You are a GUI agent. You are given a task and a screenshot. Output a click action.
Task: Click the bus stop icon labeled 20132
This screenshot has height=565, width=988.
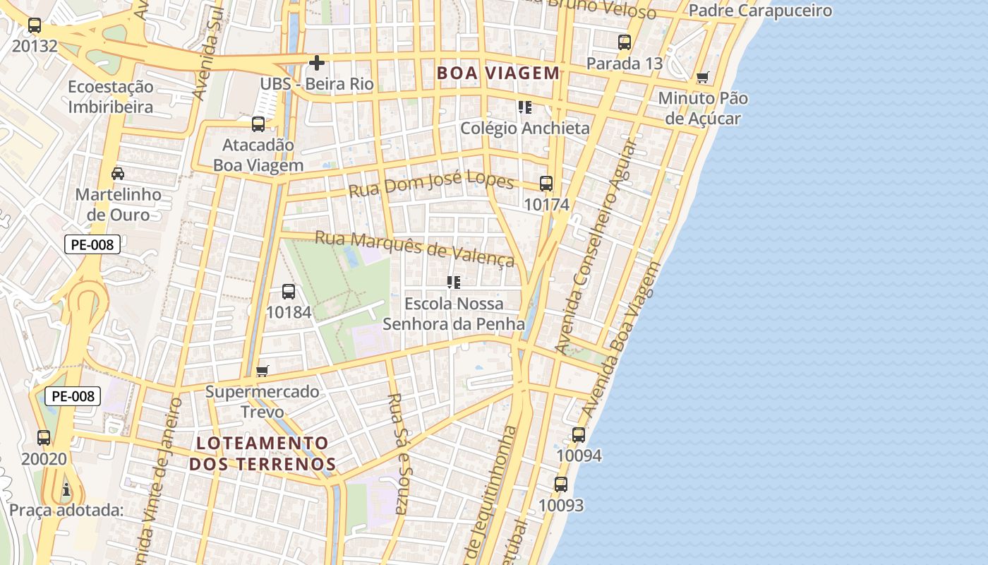[x=34, y=25]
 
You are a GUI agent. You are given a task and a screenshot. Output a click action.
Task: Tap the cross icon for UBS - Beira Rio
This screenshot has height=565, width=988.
[x=317, y=63]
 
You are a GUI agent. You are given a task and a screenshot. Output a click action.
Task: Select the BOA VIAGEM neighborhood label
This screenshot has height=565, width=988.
[x=498, y=73]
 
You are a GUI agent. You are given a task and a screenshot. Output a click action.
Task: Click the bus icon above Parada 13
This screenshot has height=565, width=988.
[x=625, y=42]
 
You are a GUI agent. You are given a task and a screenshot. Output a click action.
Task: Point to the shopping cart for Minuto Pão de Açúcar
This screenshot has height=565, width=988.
[x=702, y=77]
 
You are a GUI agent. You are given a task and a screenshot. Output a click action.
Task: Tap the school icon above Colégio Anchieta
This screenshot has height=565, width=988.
[x=524, y=107]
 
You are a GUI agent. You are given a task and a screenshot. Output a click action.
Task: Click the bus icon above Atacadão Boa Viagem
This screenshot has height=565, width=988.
[x=258, y=124]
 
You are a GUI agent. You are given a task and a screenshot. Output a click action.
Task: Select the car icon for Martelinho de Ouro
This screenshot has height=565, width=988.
[x=118, y=174]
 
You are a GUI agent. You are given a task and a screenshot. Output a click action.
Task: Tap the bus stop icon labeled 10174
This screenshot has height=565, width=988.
[x=546, y=184]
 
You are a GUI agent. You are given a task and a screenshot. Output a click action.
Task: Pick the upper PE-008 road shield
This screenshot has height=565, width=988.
[x=92, y=245]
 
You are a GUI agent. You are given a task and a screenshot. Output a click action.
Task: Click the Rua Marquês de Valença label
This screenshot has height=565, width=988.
[x=414, y=248]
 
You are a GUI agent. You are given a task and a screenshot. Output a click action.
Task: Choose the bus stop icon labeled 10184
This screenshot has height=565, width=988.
[x=289, y=291]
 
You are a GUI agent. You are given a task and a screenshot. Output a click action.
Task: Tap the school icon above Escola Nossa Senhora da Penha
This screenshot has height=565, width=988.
[x=454, y=282]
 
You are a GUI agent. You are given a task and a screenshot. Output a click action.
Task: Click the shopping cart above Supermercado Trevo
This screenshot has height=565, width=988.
[x=263, y=371]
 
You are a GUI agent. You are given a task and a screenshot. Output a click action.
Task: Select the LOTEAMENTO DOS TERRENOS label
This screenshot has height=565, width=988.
[x=263, y=453]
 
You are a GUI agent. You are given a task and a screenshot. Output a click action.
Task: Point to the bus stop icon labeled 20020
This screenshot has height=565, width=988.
[x=44, y=438]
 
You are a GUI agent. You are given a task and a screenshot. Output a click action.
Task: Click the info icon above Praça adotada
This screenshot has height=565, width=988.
[x=66, y=489]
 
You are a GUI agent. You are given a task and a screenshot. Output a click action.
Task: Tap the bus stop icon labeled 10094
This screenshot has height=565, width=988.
[x=579, y=435]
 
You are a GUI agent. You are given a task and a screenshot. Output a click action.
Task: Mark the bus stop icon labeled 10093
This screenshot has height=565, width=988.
[x=561, y=484]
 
